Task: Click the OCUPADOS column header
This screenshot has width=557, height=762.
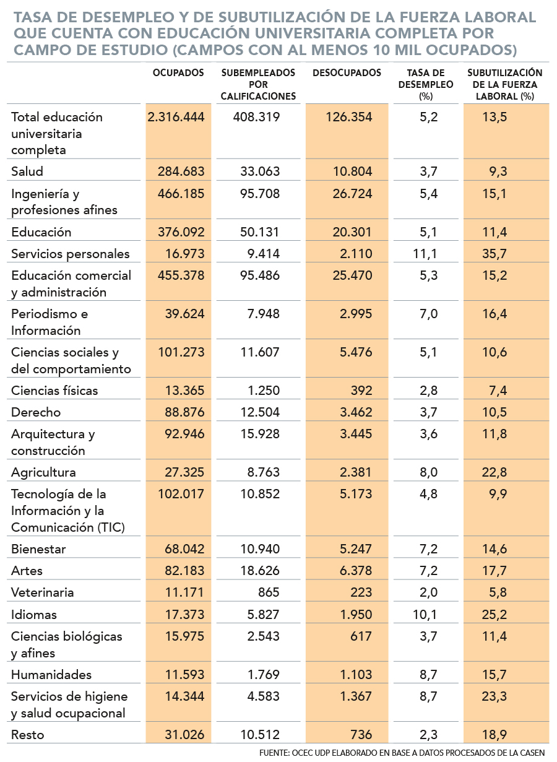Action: pyautogui.click(x=178, y=73)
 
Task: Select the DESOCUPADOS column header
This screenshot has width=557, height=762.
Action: pyautogui.click(x=347, y=73)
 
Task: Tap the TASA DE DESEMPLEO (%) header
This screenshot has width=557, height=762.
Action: pyautogui.click(x=426, y=84)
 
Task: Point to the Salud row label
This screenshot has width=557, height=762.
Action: pyautogui.click(x=27, y=171)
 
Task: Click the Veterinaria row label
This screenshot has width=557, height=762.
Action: pyautogui.click(x=43, y=592)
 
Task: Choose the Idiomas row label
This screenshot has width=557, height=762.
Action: pyautogui.click(x=34, y=614)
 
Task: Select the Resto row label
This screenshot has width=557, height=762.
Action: pyautogui.click(x=28, y=734)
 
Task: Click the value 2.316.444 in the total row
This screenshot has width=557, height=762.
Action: pyautogui.click(x=176, y=117)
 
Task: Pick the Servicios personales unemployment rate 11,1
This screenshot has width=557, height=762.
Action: pyautogui.click(x=425, y=254)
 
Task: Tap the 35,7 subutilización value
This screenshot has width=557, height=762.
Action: pyautogui.click(x=494, y=254)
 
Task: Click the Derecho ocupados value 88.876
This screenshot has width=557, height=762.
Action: pyautogui.click(x=184, y=412)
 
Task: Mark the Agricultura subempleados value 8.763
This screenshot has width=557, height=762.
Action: pyautogui.click(x=263, y=472)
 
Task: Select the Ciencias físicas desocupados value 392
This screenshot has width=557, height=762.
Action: pyautogui.click(x=361, y=390)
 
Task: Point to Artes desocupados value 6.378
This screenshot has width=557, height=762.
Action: pyautogui.click(x=356, y=571)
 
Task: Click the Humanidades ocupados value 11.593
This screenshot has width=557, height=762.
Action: pyautogui.click(x=184, y=675)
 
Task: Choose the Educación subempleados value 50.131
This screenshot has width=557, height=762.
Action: pyautogui.click(x=260, y=232)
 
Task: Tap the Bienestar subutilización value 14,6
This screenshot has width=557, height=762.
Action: pyautogui.click(x=494, y=548)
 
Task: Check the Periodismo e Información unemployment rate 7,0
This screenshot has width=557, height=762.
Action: pyautogui.click(x=428, y=314)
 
